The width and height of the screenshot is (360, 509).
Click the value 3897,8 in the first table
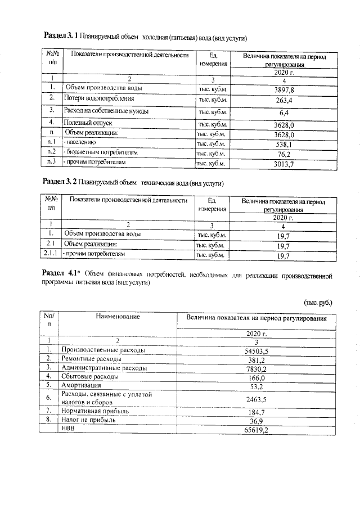[284, 89]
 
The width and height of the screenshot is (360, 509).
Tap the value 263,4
[284, 100]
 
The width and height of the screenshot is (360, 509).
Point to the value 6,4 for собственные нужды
[284, 112]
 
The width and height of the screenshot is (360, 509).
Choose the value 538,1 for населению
[284, 145]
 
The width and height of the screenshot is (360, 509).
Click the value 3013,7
[284, 163]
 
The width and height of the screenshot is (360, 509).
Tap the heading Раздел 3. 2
[60, 183]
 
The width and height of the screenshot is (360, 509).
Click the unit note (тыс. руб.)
[318, 303]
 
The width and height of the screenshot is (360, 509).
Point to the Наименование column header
[118, 317]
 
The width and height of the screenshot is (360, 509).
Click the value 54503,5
[256, 350]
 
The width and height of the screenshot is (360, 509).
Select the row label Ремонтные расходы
[91, 358]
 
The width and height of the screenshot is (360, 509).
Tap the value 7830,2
[256, 368]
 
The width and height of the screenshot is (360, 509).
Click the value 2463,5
[256, 399]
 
